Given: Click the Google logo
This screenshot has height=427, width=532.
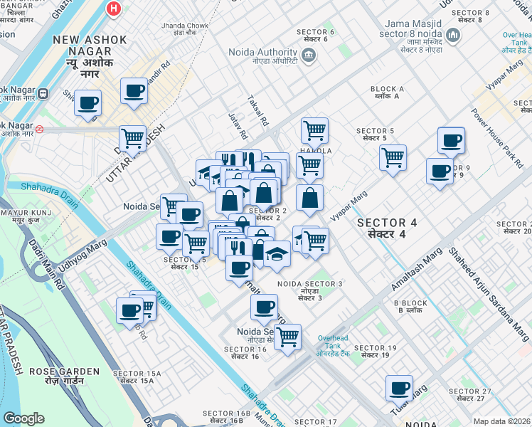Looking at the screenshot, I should (x=23, y=418).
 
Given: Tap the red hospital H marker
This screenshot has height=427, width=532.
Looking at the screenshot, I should (x=112, y=9).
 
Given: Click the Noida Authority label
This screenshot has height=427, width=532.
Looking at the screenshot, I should (x=262, y=56).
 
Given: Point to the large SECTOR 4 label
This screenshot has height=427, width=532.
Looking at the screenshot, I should (x=386, y=228).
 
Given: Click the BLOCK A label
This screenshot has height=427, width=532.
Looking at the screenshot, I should (x=387, y=93).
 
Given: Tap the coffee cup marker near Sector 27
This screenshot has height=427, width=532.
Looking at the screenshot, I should (x=399, y=388).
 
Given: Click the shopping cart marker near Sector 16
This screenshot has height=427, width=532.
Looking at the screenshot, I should (x=287, y=337).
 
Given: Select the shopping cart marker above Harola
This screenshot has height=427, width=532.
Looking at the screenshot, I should (x=314, y=130).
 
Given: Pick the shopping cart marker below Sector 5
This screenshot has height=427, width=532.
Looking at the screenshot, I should (x=393, y=157).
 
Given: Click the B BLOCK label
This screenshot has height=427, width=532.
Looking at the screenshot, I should (x=410, y=306).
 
